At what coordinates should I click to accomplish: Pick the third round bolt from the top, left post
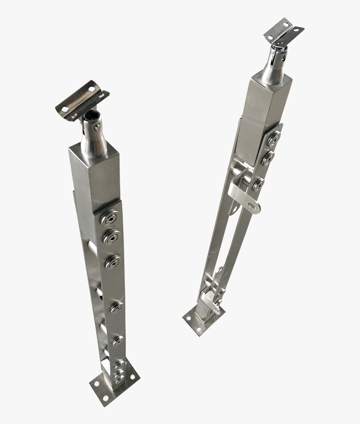click(113, 263)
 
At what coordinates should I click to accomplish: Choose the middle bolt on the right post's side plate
click(267, 158)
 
